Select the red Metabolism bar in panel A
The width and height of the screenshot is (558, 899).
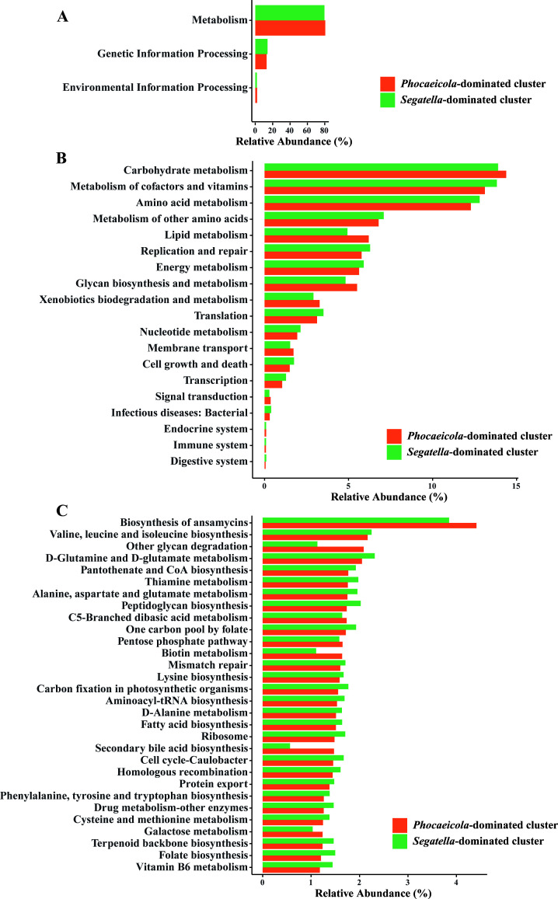(x=290, y=28)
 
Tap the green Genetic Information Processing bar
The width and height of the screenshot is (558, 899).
(x=261, y=46)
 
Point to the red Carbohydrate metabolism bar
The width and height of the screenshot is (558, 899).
(x=385, y=174)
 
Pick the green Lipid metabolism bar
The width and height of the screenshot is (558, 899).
(x=306, y=232)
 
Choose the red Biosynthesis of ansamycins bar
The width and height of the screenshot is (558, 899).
(x=369, y=526)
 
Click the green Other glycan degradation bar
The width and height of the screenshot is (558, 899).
(x=290, y=545)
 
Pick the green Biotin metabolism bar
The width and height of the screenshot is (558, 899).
(x=289, y=651)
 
